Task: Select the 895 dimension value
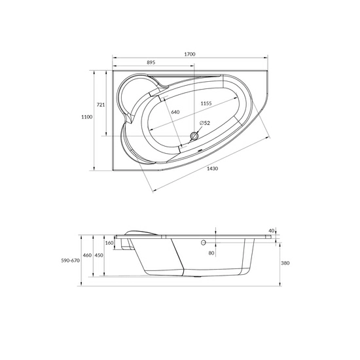point(151,62)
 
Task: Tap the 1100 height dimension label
point(86,117)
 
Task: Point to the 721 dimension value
point(101,104)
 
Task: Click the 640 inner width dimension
point(175,112)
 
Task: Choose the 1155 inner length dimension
point(206,104)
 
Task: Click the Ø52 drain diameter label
point(204,123)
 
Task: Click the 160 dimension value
point(109,243)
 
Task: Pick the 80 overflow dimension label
point(211,253)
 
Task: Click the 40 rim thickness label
point(271,230)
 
